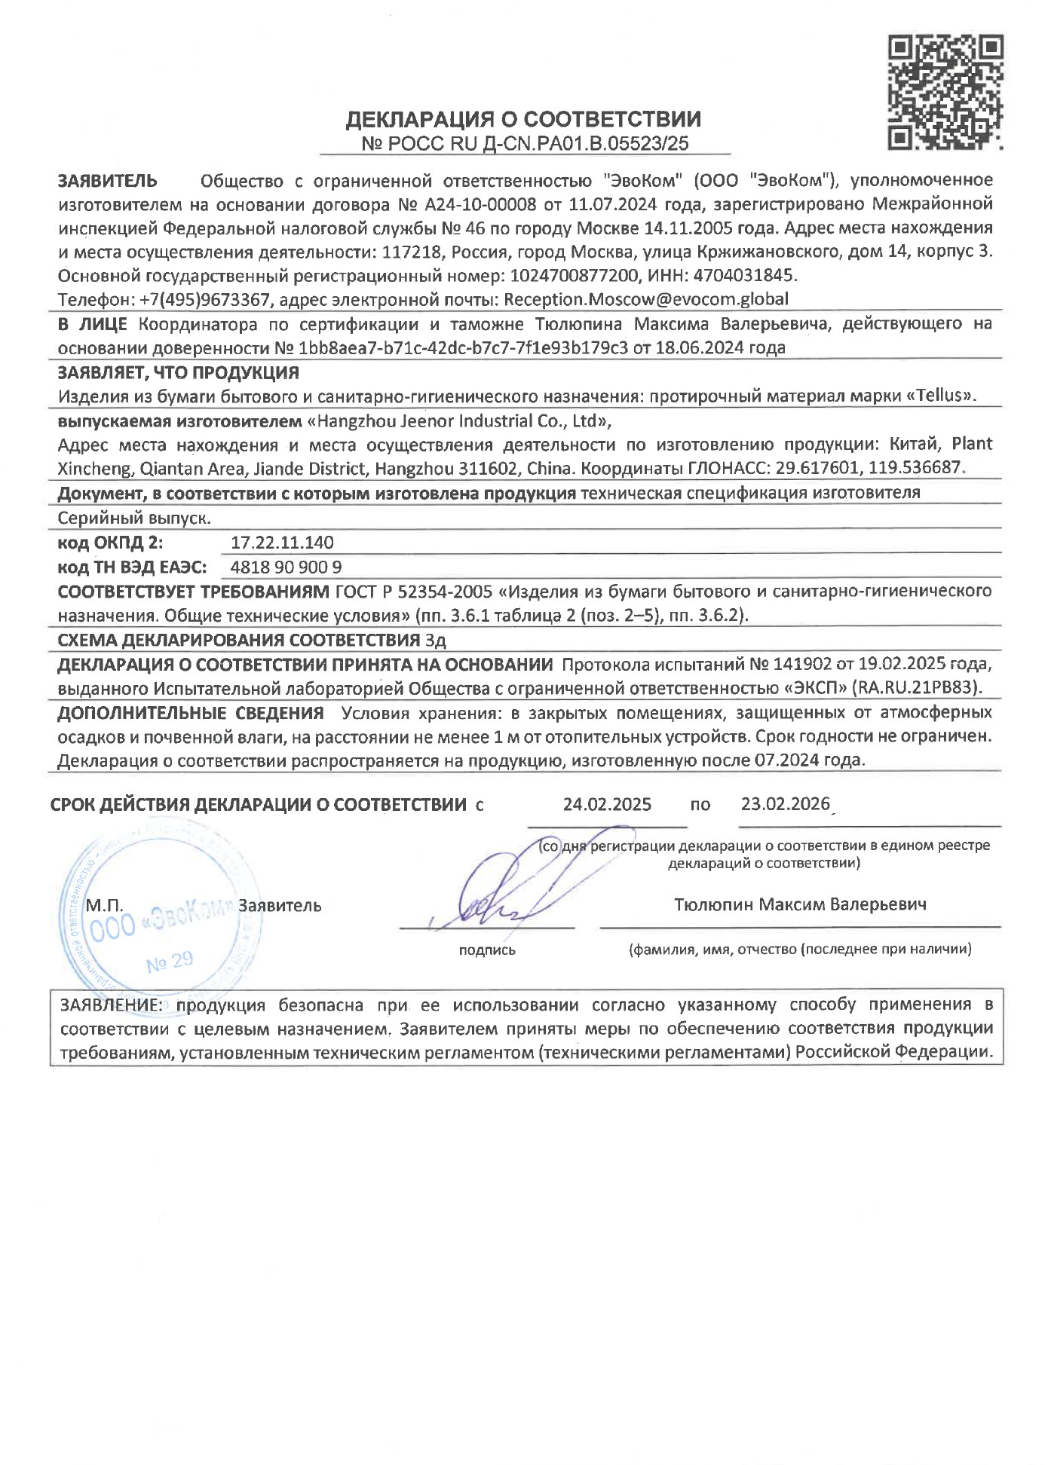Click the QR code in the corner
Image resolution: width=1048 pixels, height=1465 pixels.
click(x=945, y=91)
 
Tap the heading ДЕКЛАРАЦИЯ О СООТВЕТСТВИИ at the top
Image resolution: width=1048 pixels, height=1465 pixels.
click(x=523, y=119)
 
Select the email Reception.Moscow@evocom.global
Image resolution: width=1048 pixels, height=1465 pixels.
click(x=646, y=299)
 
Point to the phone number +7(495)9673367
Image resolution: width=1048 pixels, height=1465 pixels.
click(x=204, y=300)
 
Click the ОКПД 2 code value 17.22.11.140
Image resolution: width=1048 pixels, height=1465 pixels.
click(x=282, y=543)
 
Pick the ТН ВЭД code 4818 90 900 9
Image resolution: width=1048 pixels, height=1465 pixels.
click(x=286, y=567)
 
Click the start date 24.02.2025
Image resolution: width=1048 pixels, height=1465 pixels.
click(x=607, y=804)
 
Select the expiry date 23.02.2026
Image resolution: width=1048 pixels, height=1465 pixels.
click(x=785, y=803)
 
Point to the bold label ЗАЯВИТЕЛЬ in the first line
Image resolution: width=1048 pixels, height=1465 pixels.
click(x=108, y=181)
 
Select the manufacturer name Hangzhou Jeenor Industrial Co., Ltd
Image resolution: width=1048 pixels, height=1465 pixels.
click(x=460, y=420)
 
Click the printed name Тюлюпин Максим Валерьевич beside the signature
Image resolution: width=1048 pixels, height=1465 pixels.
click(x=800, y=904)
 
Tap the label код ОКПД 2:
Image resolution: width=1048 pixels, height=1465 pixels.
click(x=110, y=543)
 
